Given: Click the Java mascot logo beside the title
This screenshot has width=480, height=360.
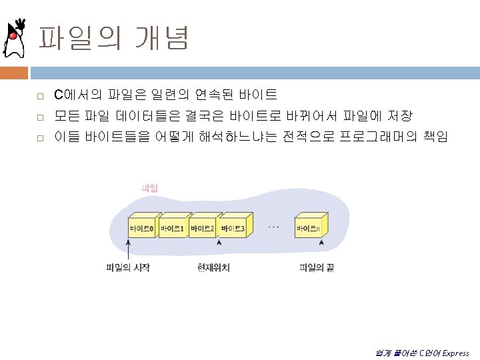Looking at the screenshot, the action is point(14,40).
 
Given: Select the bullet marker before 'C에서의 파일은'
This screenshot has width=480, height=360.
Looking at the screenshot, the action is point(40,96).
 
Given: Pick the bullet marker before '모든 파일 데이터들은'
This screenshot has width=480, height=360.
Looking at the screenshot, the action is point(40,117).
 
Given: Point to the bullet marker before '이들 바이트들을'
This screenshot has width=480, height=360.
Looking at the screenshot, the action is point(40,138).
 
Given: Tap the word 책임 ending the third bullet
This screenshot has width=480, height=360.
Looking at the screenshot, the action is point(436,137).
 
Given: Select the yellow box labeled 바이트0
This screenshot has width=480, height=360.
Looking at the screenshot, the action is point(141,229).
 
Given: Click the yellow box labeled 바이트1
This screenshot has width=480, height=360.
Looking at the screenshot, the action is point(171,229).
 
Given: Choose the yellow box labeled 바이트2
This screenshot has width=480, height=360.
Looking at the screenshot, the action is point(202,229).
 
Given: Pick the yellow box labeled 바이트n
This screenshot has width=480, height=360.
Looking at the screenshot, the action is point(308,229).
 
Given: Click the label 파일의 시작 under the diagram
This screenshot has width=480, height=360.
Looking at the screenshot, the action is point(128,268).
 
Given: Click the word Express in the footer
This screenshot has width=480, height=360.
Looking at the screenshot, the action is point(455,353).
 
